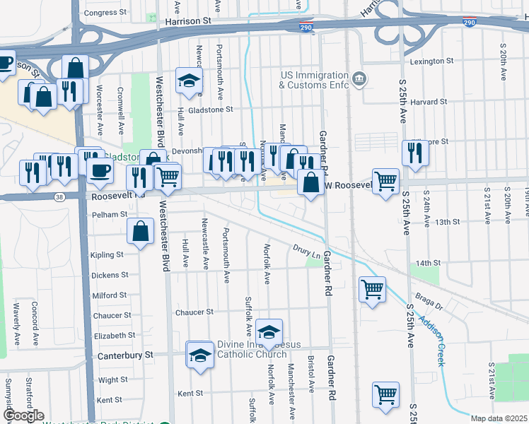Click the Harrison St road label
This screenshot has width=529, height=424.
point(188,22)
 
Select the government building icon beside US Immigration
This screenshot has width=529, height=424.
point(359,77)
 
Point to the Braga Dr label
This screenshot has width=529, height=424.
point(429,302)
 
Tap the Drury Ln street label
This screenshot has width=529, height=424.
point(307,251)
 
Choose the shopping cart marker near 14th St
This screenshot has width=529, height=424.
point(373,288)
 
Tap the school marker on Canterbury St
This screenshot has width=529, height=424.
point(200,353)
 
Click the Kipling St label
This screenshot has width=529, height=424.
point(107,254)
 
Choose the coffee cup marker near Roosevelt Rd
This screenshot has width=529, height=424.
point(100,170)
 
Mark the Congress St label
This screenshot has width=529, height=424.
point(105,13)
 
